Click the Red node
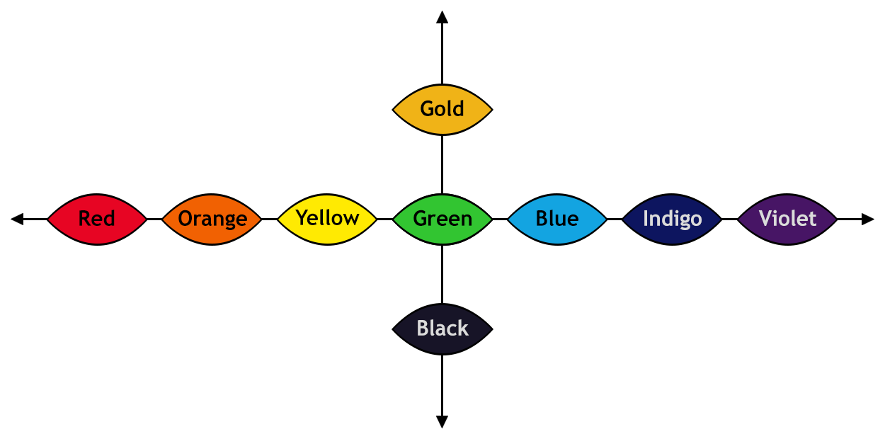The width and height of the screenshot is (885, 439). pyautogui.click(x=97, y=219)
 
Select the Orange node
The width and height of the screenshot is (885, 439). pyautogui.click(x=212, y=219)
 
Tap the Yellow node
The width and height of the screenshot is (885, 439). pyautogui.click(x=327, y=219)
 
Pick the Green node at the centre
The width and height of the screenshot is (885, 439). pyautogui.click(x=442, y=219)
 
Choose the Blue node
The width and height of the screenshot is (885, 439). pyautogui.click(x=557, y=219)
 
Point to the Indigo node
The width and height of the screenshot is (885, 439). pyautogui.click(x=672, y=219)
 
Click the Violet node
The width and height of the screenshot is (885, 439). pyautogui.click(x=787, y=219)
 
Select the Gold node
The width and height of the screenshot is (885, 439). pyautogui.click(x=442, y=110)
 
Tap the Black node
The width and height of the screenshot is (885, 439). pyautogui.click(x=442, y=329)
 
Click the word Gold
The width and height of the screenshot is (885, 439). pyautogui.click(x=442, y=109)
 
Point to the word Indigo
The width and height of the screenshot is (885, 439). pyautogui.click(x=672, y=219)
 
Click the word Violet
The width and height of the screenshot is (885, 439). pyautogui.click(x=787, y=219)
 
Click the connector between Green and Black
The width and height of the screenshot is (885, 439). pyautogui.click(x=442, y=276)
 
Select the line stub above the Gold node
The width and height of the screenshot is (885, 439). pyautogui.click(x=442, y=46)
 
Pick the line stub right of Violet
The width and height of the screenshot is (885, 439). pyautogui.click(x=857, y=219)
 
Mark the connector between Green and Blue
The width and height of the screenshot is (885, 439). pyautogui.click(x=501, y=219)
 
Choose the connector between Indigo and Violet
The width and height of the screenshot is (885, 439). pyautogui.click(x=730, y=219)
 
